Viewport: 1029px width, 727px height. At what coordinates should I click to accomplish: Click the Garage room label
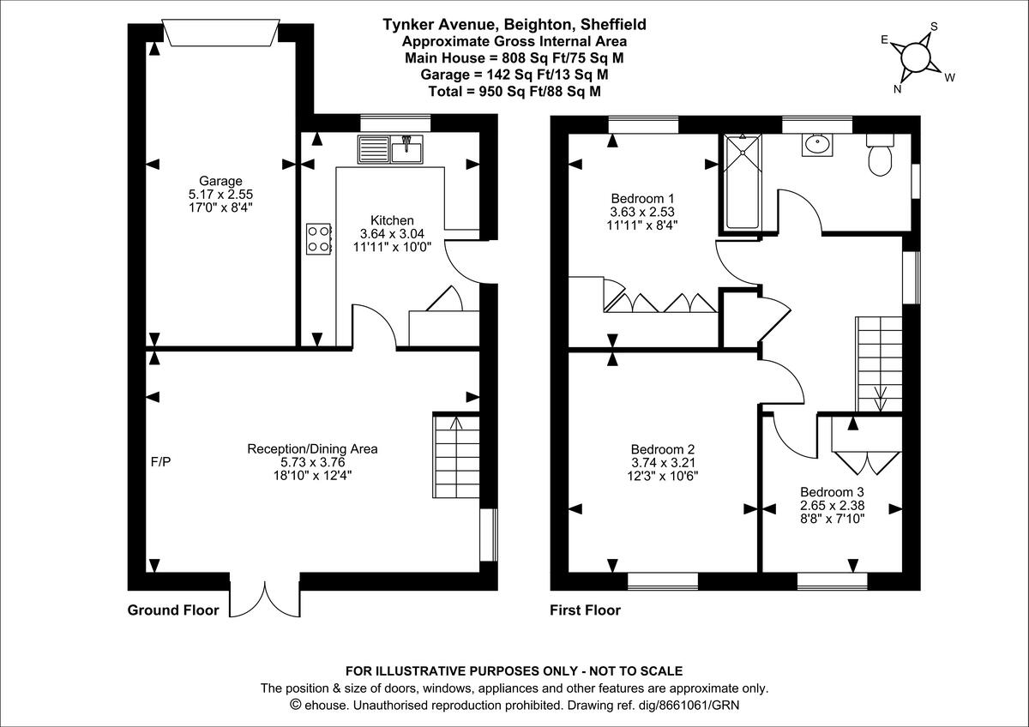[x=221, y=181]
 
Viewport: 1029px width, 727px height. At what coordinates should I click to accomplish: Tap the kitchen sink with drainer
[x=391, y=151]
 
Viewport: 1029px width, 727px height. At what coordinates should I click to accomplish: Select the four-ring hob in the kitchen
[x=319, y=238]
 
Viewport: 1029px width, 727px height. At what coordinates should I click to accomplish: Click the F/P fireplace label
[x=160, y=462]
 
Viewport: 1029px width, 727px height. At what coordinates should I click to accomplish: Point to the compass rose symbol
[x=916, y=57]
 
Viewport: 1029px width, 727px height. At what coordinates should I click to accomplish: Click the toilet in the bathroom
[x=880, y=155]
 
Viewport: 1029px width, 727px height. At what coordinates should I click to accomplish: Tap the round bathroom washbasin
[x=815, y=146]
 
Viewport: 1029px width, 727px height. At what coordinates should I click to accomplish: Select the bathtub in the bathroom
[x=743, y=183]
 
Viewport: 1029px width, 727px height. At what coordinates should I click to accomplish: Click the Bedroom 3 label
[x=832, y=492]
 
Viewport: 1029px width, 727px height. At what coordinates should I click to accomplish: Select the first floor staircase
[x=880, y=363]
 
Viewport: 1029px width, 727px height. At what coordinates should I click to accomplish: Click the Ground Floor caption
[x=173, y=610]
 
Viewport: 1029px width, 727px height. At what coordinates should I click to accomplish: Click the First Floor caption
[x=585, y=610]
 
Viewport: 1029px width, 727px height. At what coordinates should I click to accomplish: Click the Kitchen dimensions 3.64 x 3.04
[x=392, y=233]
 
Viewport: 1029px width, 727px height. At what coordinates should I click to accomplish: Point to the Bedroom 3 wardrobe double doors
[x=867, y=460]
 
